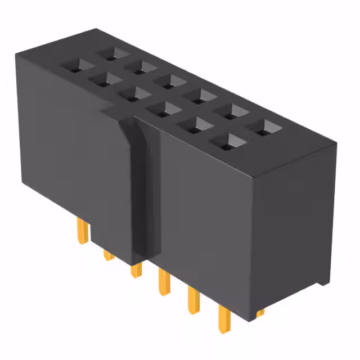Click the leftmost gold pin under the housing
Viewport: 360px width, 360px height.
(82, 231)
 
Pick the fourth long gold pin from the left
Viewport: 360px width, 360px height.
(164, 282)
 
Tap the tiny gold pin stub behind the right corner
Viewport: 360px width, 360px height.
(260, 311)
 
